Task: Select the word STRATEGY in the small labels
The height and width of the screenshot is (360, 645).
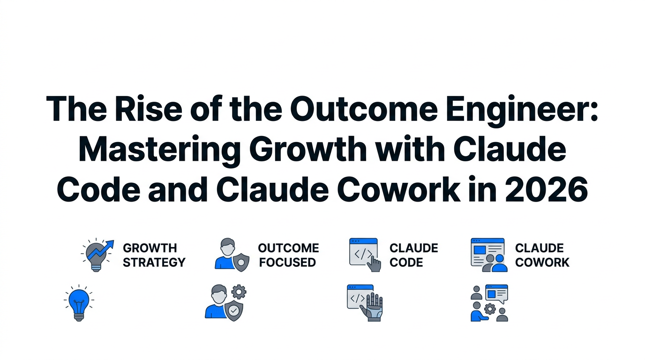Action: tap(154, 262)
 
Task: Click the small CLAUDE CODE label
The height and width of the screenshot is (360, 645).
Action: tap(413, 255)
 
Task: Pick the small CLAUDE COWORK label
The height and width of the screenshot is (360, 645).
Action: tap(542, 255)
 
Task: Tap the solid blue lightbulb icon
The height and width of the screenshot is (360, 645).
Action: tap(79, 301)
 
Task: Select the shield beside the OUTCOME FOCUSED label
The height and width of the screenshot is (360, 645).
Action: tap(241, 262)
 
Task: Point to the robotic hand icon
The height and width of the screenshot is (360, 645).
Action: tap(374, 307)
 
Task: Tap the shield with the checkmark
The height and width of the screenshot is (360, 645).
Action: tap(233, 310)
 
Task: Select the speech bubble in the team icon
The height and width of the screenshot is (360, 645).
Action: tap(496, 293)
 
